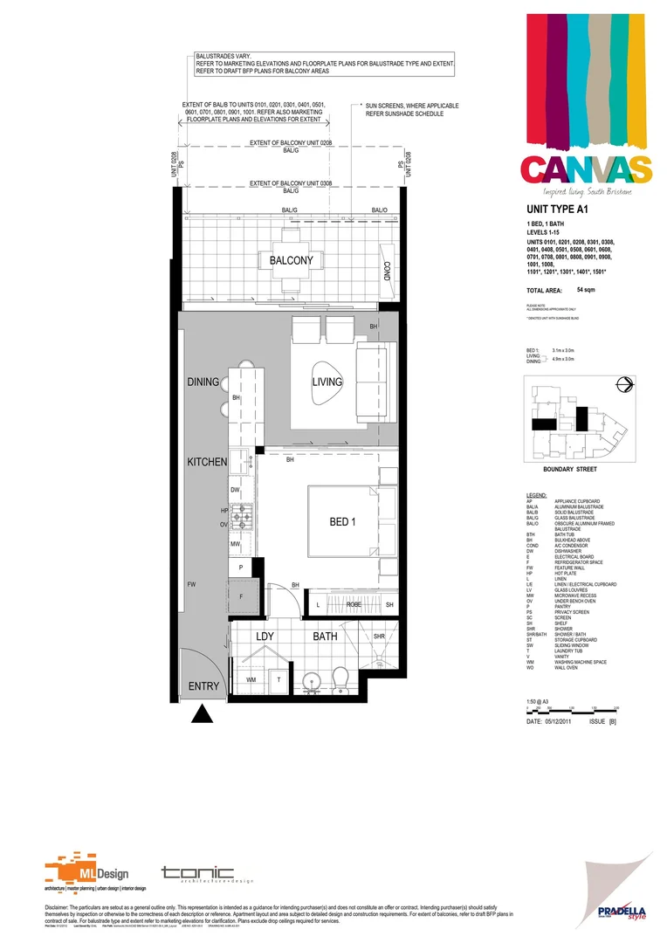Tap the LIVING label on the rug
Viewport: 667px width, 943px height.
(x=328, y=382)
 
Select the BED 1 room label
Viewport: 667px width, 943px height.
(x=343, y=521)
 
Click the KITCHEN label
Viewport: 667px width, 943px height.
(x=206, y=461)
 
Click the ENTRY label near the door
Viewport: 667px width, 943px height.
(x=203, y=686)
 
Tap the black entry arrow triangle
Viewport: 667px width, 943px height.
(x=203, y=715)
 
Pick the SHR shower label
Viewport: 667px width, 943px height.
(x=379, y=637)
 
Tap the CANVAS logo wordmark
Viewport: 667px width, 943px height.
(x=586, y=169)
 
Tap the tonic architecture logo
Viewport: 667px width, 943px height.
(x=196, y=874)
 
